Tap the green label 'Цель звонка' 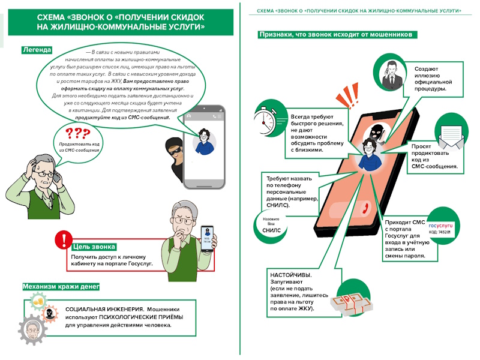tap(94, 247)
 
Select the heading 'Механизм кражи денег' tap(61, 287)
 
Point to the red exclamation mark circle tap(63, 241)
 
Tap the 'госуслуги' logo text tap(439, 226)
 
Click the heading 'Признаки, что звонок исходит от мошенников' tap(335, 35)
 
